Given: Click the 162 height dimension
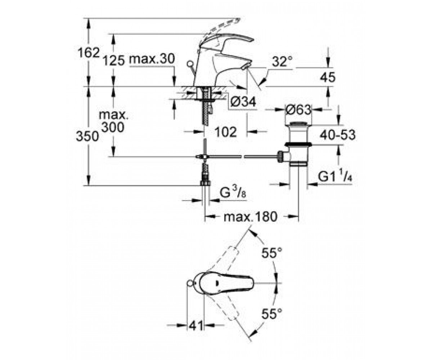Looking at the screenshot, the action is click(89, 53).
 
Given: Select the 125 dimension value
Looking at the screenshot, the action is click(114, 61).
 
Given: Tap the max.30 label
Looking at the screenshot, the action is click(152, 59).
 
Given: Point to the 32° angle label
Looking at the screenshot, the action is click(282, 61).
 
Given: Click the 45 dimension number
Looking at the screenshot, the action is click(328, 77).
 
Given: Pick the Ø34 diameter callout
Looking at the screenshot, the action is click(243, 102).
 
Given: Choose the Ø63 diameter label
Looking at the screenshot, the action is click(298, 110).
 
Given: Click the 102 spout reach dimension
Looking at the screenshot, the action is click(226, 132).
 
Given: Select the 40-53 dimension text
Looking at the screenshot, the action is click(337, 135).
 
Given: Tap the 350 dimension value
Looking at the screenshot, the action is click(87, 136).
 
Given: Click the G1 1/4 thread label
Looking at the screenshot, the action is click(335, 176).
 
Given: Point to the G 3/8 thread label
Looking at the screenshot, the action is click(233, 193).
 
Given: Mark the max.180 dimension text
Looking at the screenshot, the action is click(250, 217).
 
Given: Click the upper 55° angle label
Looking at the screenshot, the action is click(272, 252).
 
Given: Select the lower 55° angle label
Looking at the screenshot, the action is click(272, 313).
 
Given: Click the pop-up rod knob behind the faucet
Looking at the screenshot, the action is click(190, 63).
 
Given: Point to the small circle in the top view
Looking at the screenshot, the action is click(190, 283).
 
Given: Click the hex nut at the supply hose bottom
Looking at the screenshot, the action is click(206, 183).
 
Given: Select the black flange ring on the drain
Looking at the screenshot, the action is click(298, 144).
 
